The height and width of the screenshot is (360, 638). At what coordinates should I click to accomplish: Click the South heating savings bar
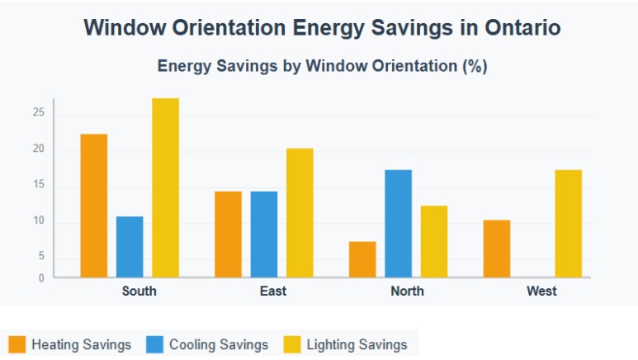click(93, 206)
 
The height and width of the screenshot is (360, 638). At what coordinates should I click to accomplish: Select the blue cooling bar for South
click(130, 247)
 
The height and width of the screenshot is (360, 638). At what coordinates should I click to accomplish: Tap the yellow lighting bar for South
click(165, 187)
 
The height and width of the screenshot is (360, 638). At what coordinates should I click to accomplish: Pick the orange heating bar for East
click(228, 234)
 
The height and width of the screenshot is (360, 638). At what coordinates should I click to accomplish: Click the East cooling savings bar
click(264, 234)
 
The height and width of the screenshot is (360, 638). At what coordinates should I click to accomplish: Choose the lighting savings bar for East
click(300, 213)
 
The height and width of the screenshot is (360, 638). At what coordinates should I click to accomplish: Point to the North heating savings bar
click(362, 259)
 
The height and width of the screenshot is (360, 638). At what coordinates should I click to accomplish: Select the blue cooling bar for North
click(398, 224)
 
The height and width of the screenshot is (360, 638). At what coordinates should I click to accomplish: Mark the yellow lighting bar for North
click(434, 241)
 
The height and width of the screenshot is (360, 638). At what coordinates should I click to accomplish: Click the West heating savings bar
click(496, 249)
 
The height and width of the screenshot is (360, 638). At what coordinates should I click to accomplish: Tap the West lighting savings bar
click(568, 224)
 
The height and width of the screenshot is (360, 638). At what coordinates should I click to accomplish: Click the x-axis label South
click(139, 291)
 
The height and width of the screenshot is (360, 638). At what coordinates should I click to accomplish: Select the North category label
click(407, 291)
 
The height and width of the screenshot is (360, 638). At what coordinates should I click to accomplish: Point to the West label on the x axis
click(541, 291)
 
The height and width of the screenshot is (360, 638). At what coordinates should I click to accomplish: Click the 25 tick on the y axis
click(38, 112)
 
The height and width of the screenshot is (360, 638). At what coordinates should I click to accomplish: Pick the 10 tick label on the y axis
click(38, 222)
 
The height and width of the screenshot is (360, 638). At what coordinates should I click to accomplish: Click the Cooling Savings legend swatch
click(155, 344)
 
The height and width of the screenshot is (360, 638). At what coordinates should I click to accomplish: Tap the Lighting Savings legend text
click(357, 344)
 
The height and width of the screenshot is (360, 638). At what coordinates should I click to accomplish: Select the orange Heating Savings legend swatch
click(17, 344)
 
